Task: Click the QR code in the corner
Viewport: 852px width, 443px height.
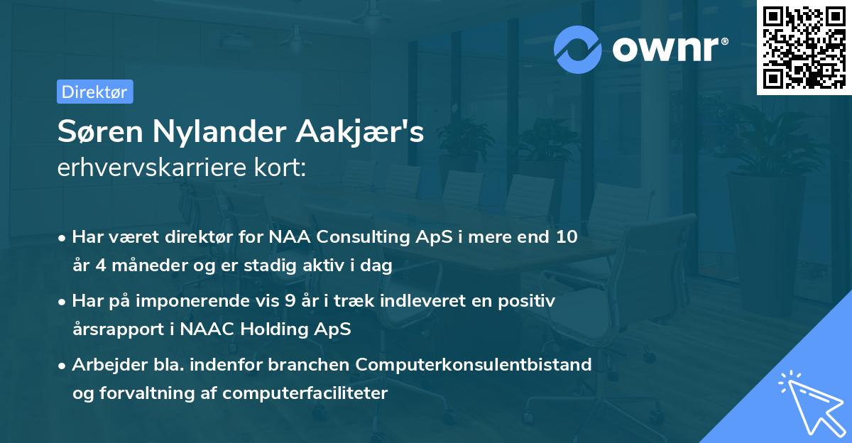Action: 804,47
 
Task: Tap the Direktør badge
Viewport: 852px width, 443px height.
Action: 94,92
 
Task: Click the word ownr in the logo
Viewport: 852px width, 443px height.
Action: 669,48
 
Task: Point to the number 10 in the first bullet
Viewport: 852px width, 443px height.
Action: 566,237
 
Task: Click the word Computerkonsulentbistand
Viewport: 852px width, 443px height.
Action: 474,365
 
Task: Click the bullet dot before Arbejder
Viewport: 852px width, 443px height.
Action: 63,366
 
